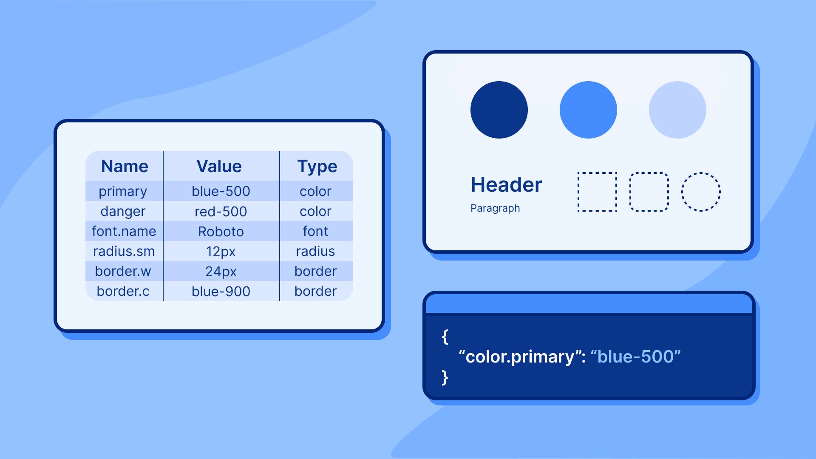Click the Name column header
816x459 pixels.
(125, 166)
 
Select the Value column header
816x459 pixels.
(219, 166)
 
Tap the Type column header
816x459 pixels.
(317, 167)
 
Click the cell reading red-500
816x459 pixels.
(221, 211)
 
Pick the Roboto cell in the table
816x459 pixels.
(221, 231)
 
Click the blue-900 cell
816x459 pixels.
(221, 291)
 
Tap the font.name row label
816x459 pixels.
(124, 231)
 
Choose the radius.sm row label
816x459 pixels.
(124, 251)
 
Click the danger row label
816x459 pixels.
(123, 212)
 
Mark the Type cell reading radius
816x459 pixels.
(315, 251)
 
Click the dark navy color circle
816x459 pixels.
(499, 110)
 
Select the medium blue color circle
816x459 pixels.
(588, 110)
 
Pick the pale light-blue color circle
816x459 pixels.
(677, 110)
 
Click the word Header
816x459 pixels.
(506, 184)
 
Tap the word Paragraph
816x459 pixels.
(495, 208)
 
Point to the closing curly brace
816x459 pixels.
(445, 377)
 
